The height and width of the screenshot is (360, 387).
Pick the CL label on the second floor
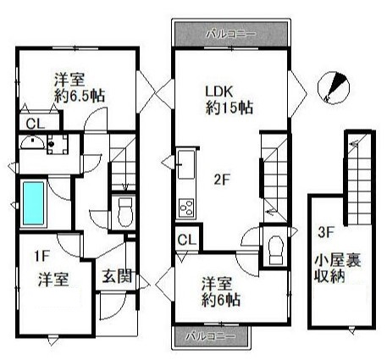click(x=188, y=241)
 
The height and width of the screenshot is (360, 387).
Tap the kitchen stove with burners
click(x=186, y=207)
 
